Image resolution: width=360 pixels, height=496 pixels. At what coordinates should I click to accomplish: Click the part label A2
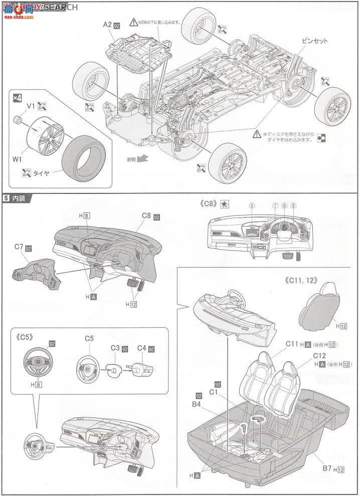coord(107,24)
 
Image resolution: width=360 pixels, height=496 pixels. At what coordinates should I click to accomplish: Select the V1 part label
coord(31,106)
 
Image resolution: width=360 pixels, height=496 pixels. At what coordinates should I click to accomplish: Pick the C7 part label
coord(18,248)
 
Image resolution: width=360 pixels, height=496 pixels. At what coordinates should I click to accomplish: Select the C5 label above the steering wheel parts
coord(89,338)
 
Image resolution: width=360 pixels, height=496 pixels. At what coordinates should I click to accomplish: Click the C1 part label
coord(214,391)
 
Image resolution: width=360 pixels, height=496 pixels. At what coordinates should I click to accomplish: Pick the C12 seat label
coord(319,355)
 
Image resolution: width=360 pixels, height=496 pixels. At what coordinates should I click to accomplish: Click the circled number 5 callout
coord(252,206)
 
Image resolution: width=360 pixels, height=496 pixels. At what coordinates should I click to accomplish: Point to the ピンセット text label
coord(314,41)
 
